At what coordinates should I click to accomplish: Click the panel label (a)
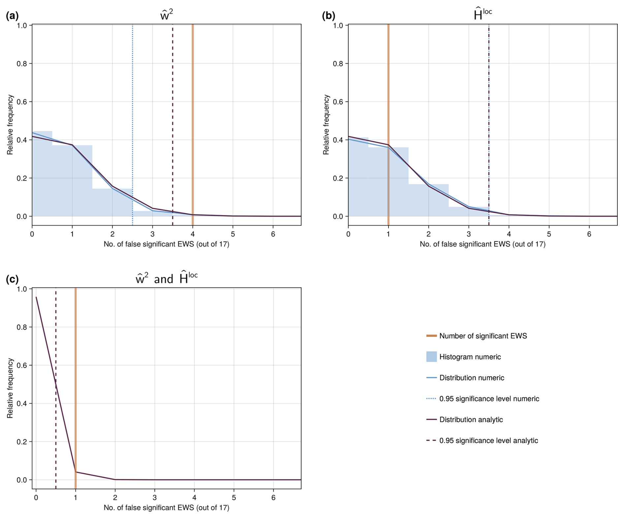tap(12, 16)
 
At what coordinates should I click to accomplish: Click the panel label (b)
tap(328, 16)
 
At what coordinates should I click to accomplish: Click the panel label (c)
tap(12, 279)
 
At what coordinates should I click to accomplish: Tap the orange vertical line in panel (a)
tap(193, 99)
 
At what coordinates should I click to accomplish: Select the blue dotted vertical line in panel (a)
tap(133, 99)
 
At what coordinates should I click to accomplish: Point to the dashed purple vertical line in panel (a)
tap(172, 99)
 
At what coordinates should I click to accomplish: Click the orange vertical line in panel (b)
tap(388, 82)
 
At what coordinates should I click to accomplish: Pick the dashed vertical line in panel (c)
tap(56, 329)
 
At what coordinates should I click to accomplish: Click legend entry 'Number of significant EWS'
tap(483, 336)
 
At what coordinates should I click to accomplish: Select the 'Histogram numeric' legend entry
tap(470, 357)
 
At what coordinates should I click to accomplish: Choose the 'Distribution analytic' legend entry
tap(471, 420)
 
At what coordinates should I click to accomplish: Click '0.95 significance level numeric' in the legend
tap(489, 399)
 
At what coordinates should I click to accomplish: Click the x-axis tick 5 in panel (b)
tap(549, 234)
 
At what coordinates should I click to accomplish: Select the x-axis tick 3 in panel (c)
tap(155, 498)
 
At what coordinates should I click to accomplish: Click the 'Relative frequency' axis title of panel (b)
tap(326, 124)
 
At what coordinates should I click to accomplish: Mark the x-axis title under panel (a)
tap(166, 244)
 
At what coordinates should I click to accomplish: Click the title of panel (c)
tap(166, 279)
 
